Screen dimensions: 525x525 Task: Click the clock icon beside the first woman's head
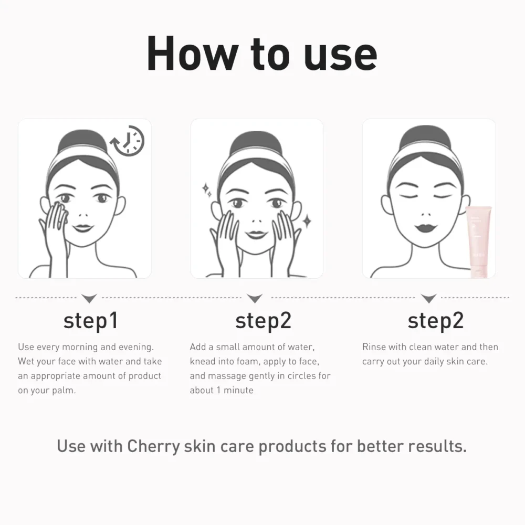[128, 141]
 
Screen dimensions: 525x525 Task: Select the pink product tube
[478, 241]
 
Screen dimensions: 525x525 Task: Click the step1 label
[91, 321]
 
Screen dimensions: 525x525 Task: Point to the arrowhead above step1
[89, 298]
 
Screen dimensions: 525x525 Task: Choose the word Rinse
[373, 347]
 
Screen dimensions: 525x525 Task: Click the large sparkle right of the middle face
[307, 221]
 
